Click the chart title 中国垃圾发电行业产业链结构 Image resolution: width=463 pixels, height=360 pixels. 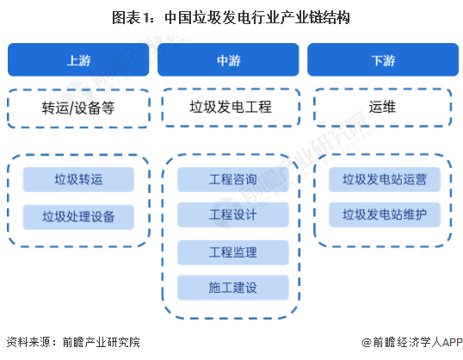click(x=257, y=18)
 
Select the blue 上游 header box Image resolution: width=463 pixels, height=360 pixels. click(x=78, y=59)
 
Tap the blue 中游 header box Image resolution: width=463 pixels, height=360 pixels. click(x=228, y=59)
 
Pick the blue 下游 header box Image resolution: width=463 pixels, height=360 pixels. click(x=383, y=59)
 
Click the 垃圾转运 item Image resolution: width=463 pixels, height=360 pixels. click(x=78, y=179)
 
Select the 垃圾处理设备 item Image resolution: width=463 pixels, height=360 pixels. click(x=78, y=217)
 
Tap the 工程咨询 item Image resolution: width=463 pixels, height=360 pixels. click(x=233, y=179)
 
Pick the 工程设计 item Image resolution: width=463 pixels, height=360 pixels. click(x=233, y=214)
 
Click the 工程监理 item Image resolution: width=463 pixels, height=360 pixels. click(x=233, y=252)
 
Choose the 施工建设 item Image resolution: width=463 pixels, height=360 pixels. click(x=233, y=288)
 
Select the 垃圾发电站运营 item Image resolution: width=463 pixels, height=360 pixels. click(x=385, y=179)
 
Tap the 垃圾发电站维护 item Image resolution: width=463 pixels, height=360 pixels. click(x=385, y=214)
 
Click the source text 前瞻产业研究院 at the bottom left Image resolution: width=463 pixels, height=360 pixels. click(x=102, y=342)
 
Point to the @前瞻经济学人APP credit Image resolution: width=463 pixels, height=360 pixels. click(x=412, y=342)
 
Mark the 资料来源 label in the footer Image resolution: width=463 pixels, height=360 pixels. click(x=28, y=342)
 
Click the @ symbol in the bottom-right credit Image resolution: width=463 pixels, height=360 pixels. click(x=367, y=343)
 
